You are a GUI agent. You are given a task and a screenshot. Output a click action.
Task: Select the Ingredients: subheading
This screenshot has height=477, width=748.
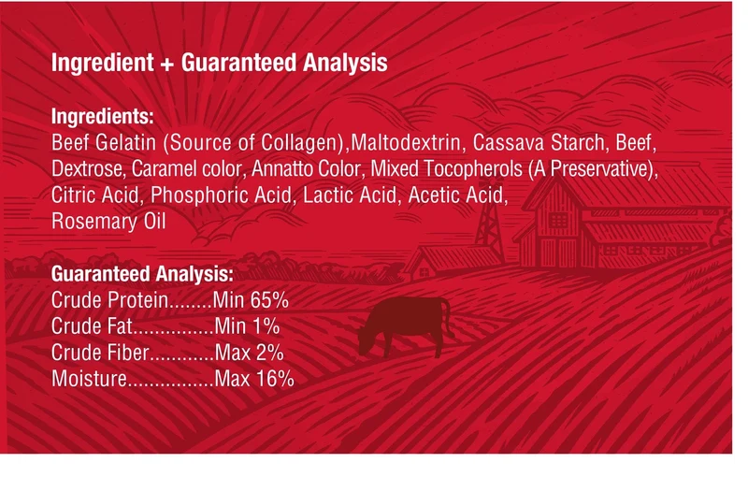[x=103, y=116]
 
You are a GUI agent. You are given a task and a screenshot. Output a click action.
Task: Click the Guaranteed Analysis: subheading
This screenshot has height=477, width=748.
[x=143, y=274]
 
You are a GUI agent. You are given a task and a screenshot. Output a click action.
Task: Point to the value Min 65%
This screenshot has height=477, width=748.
[x=251, y=300]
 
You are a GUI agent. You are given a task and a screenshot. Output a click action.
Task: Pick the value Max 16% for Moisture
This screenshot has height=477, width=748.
[x=254, y=379]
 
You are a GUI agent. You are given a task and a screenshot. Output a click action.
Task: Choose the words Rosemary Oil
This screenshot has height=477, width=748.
[x=108, y=222]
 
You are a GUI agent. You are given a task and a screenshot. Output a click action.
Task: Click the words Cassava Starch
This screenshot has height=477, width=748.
[x=539, y=142]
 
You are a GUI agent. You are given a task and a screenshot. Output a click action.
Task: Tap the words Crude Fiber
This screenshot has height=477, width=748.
[x=100, y=353]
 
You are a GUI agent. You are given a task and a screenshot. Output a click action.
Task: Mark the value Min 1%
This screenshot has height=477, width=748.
[x=247, y=326]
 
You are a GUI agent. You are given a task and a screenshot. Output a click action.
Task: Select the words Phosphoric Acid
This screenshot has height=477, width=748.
[x=221, y=195]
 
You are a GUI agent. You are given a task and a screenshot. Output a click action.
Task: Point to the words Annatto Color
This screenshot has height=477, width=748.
[x=306, y=169]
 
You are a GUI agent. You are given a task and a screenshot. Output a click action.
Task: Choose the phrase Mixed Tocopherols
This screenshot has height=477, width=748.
[x=447, y=169]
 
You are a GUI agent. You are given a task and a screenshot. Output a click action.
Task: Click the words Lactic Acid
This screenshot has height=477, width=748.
[x=350, y=195]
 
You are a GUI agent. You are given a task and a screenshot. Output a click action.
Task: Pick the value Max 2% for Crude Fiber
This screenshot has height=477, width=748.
[x=249, y=353]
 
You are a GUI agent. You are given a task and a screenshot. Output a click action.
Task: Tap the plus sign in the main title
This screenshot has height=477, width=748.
[x=167, y=64]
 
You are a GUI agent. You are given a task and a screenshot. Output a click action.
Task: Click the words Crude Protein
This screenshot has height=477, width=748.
[x=109, y=300]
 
